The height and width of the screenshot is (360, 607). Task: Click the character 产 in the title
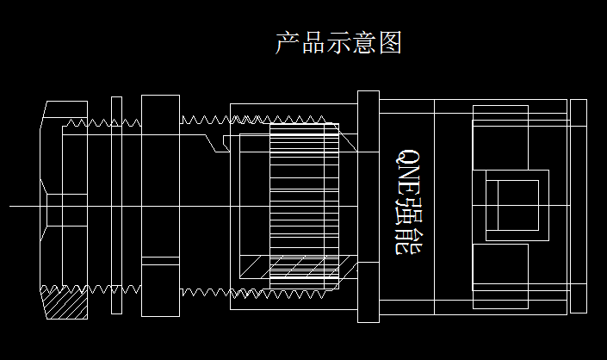click(288, 42)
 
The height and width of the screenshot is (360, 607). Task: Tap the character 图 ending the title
click(390, 42)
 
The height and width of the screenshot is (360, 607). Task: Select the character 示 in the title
click(338, 42)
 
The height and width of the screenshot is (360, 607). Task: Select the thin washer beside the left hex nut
click(116, 205)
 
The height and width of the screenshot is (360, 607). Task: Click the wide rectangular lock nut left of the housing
click(159, 205)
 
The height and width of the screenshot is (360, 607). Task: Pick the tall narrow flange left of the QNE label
click(368, 205)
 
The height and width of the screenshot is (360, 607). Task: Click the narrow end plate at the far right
click(579, 205)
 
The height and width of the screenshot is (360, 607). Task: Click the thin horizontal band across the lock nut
click(159, 260)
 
